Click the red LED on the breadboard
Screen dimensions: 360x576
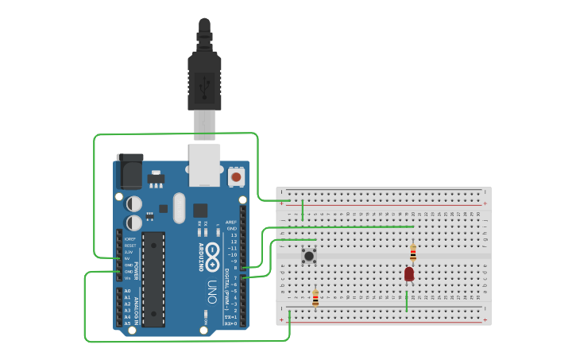tap(409, 273)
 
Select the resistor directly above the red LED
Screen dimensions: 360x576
tap(413, 253)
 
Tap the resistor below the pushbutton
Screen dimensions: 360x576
tap(315, 298)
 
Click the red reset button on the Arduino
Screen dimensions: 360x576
tap(236, 176)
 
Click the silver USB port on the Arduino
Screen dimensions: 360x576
tap(204, 165)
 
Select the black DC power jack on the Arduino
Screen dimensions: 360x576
tap(130, 171)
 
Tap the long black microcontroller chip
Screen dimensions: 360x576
tap(154, 279)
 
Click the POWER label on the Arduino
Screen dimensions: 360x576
tap(136, 271)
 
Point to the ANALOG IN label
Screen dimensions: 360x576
tap(136, 307)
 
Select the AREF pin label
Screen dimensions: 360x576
tap(231, 222)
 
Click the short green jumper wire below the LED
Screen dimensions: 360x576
tap(407, 301)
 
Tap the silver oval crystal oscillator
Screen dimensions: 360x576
tap(179, 208)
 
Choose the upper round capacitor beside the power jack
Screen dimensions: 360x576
tap(134, 204)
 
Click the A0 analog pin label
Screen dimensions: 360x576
tap(127, 291)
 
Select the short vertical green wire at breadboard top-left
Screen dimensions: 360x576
tap(303, 211)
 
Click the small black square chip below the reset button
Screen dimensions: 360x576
tap(200, 211)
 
